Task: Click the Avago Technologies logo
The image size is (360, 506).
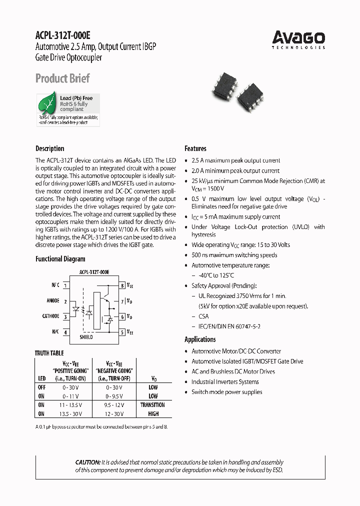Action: [x=298, y=39]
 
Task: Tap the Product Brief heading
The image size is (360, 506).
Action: [x=62, y=78]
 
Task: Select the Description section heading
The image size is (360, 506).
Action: [x=49, y=148]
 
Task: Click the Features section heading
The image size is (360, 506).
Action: [x=195, y=148]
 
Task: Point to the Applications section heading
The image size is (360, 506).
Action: [x=200, y=339]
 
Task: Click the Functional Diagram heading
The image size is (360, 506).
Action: [x=60, y=259]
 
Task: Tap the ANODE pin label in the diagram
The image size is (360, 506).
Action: [x=52, y=301]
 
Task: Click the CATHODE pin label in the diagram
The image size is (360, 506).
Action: [x=50, y=316]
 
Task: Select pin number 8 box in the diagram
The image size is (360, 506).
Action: [x=122, y=285]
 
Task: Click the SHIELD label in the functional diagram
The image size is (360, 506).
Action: [x=86, y=337]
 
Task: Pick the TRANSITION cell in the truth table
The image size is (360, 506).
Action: [x=152, y=405]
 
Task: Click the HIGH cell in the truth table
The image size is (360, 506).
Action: [x=153, y=414]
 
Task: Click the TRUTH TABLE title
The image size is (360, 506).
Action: [x=49, y=353]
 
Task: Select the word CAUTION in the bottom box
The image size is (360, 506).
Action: [x=87, y=462]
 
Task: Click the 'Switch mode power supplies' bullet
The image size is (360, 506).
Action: [x=226, y=392]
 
